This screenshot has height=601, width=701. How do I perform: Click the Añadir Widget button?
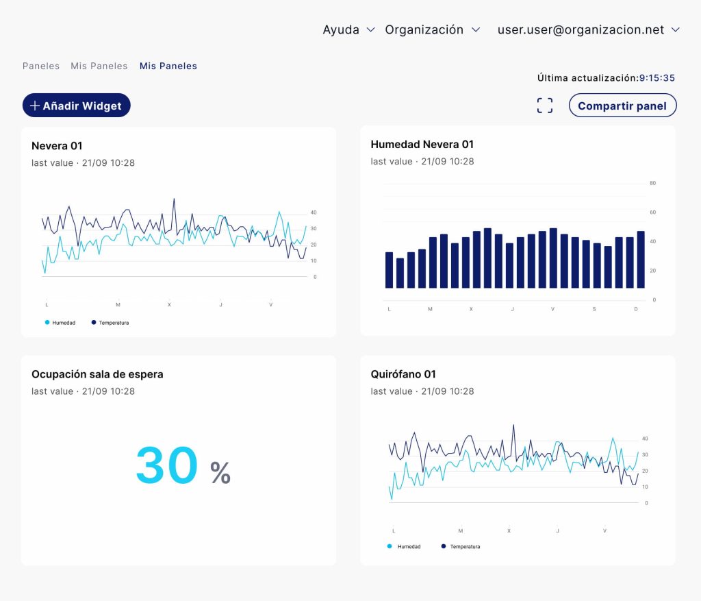click(x=76, y=106)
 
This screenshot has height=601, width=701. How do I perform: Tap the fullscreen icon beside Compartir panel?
click(x=544, y=106)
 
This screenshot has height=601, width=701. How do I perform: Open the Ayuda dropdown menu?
click(x=348, y=29)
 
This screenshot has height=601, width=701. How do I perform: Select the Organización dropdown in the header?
click(x=432, y=29)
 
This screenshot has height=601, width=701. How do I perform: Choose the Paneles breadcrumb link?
click(x=41, y=66)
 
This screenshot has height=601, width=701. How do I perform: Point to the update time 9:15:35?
click(x=657, y=78)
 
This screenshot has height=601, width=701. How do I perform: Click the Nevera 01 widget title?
click(x=57, y=145)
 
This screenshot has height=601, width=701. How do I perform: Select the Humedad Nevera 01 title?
click(x=422, y=144)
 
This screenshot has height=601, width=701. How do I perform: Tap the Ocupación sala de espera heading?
click(x=97, y=374)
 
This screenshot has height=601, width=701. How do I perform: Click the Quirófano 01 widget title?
click(x=403, y=374)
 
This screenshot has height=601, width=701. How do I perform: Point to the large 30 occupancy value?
click(x=167, y=466)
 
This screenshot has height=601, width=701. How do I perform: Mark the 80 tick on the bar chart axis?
click(x=652, y=183)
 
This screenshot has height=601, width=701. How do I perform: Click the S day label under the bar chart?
click(x=594, y=309)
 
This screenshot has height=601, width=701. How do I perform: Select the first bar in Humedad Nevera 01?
click(x=389, y=270)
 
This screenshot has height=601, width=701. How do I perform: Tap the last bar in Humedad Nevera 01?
click(x=641, y=259)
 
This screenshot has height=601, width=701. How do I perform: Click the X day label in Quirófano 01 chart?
click(x=509, y=530)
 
